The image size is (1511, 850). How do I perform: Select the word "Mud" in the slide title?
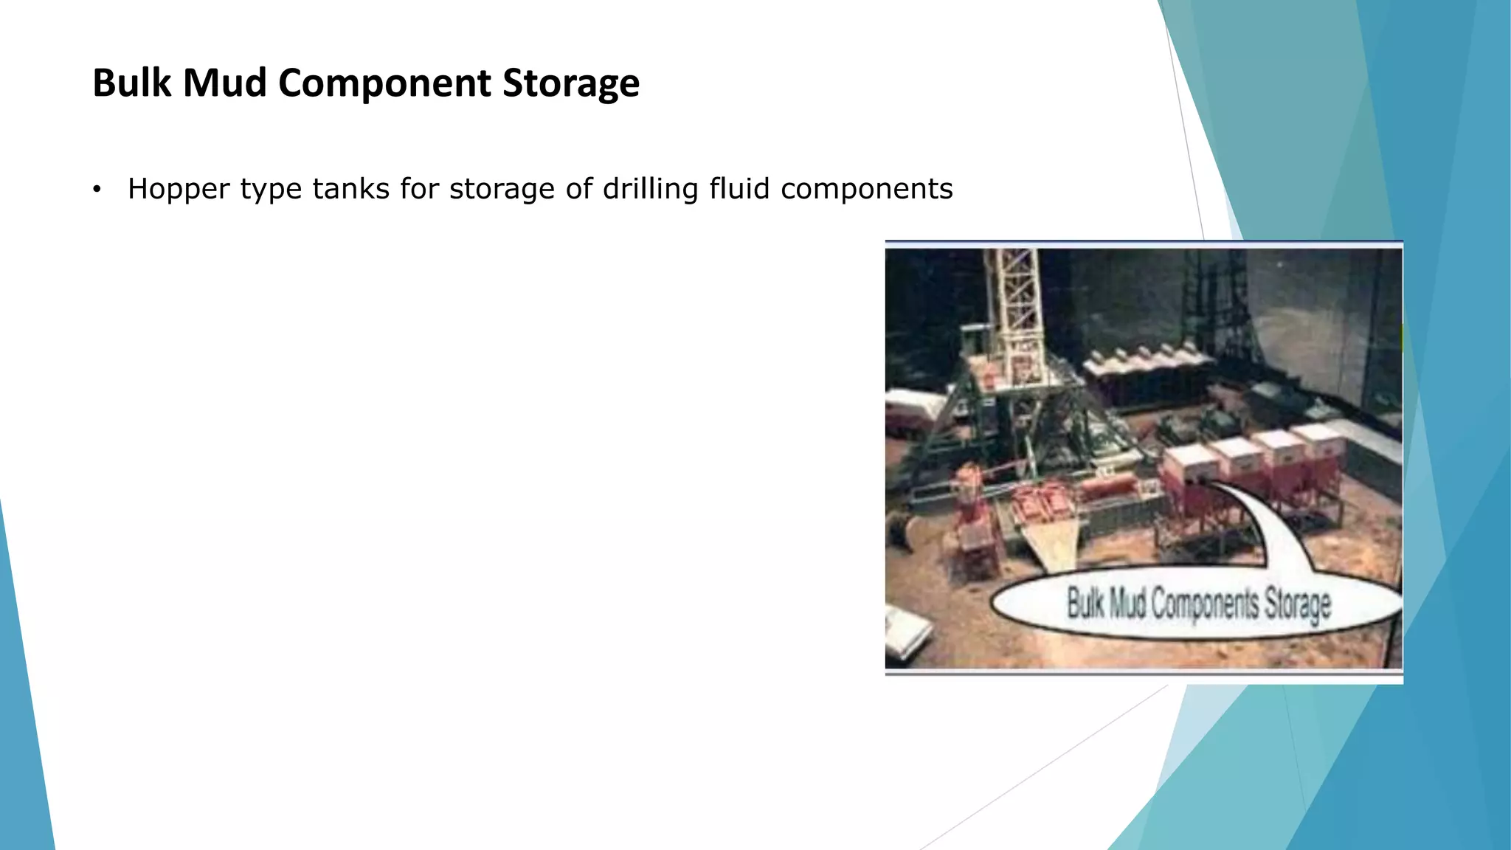[x=224, y=83]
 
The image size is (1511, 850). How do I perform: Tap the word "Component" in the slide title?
[x=384, y=83]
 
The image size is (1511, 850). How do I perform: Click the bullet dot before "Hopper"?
[x=96, y=190]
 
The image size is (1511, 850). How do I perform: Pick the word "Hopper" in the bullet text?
[x=179, y=190]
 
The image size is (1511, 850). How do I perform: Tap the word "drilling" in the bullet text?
[x=650, y=189]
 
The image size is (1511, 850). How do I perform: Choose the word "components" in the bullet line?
[x=866, y=189]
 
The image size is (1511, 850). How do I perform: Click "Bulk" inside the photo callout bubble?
[x=1085, y=603]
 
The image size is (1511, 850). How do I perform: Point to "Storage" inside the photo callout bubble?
[x=1298, y=605]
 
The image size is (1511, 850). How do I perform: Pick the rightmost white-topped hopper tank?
[x=1319, y=439]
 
